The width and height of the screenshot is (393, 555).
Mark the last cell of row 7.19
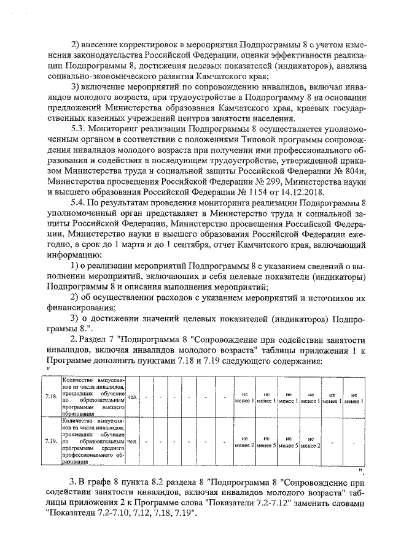point(353,441)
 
